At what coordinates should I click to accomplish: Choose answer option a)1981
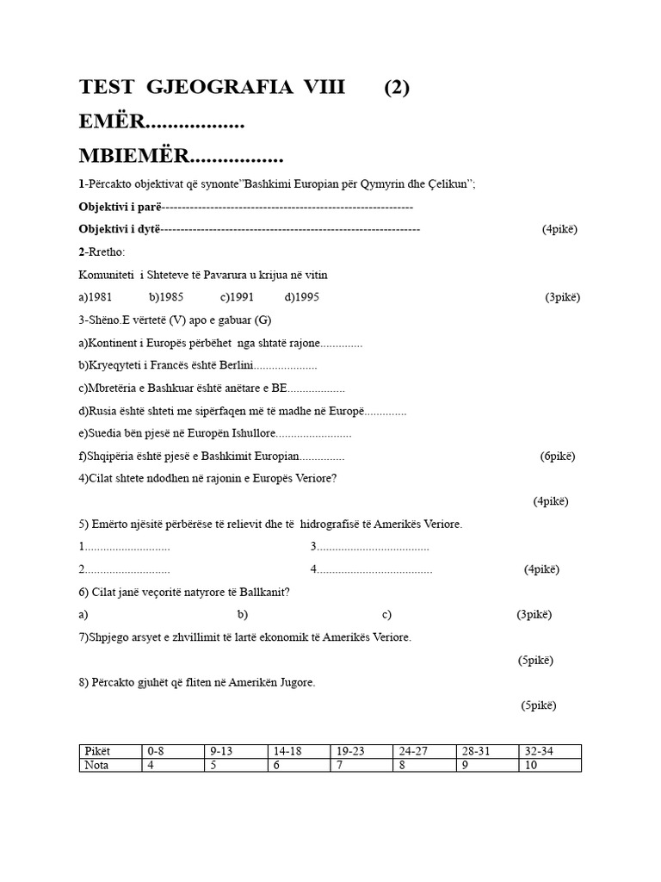click(x=96, y=297)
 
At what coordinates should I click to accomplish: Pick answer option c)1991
click(x=236, y=297)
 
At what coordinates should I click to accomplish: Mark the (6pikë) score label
click(x=558, y=456)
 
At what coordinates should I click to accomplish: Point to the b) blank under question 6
click(x=243, y=614)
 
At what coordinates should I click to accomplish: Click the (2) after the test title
click(x=397, y=87)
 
